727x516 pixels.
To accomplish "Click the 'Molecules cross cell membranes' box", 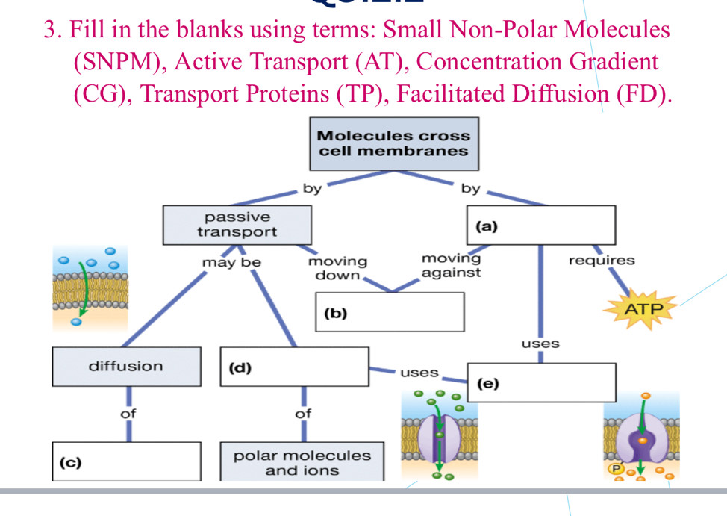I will point(393,143).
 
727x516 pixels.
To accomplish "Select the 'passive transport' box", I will point(237,224).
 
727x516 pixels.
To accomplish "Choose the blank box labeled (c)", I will point(127,461).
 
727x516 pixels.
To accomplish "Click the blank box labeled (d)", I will point(295,367).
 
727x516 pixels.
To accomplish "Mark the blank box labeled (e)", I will point(542,382).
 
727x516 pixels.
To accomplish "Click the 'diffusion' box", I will point(126,367).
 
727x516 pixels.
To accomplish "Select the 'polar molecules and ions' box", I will point(302,463).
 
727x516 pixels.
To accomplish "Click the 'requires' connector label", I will point(602,261).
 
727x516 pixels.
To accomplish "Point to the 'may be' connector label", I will point(231,263).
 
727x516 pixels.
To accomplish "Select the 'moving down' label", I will point(338,268).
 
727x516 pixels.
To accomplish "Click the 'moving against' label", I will point(451,265).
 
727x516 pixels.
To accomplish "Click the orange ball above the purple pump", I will point(646,396).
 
